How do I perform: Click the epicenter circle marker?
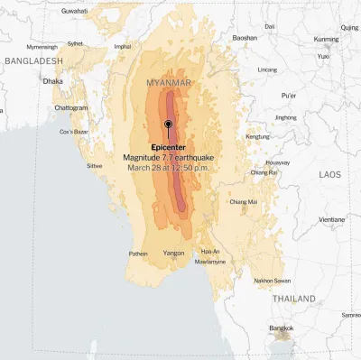(168, 125)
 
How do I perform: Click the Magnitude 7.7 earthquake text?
(168, 157)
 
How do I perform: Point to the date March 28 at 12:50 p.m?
(168, 167)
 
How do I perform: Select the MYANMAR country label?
(169, 83)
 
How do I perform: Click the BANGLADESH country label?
(33, 60)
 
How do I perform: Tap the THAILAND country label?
(294, 299)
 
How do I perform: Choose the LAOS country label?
(330, 174)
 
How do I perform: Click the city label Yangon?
(173, 254)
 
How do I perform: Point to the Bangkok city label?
(282, 328)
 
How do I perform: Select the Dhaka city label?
(52, 80)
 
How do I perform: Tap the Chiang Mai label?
(244, 201)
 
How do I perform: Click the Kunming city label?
(327, 40)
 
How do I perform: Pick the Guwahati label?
(75, 10)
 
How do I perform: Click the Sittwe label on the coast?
(95, 166)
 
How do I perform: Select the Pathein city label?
(138, 254)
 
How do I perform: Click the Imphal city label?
(122, 46)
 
